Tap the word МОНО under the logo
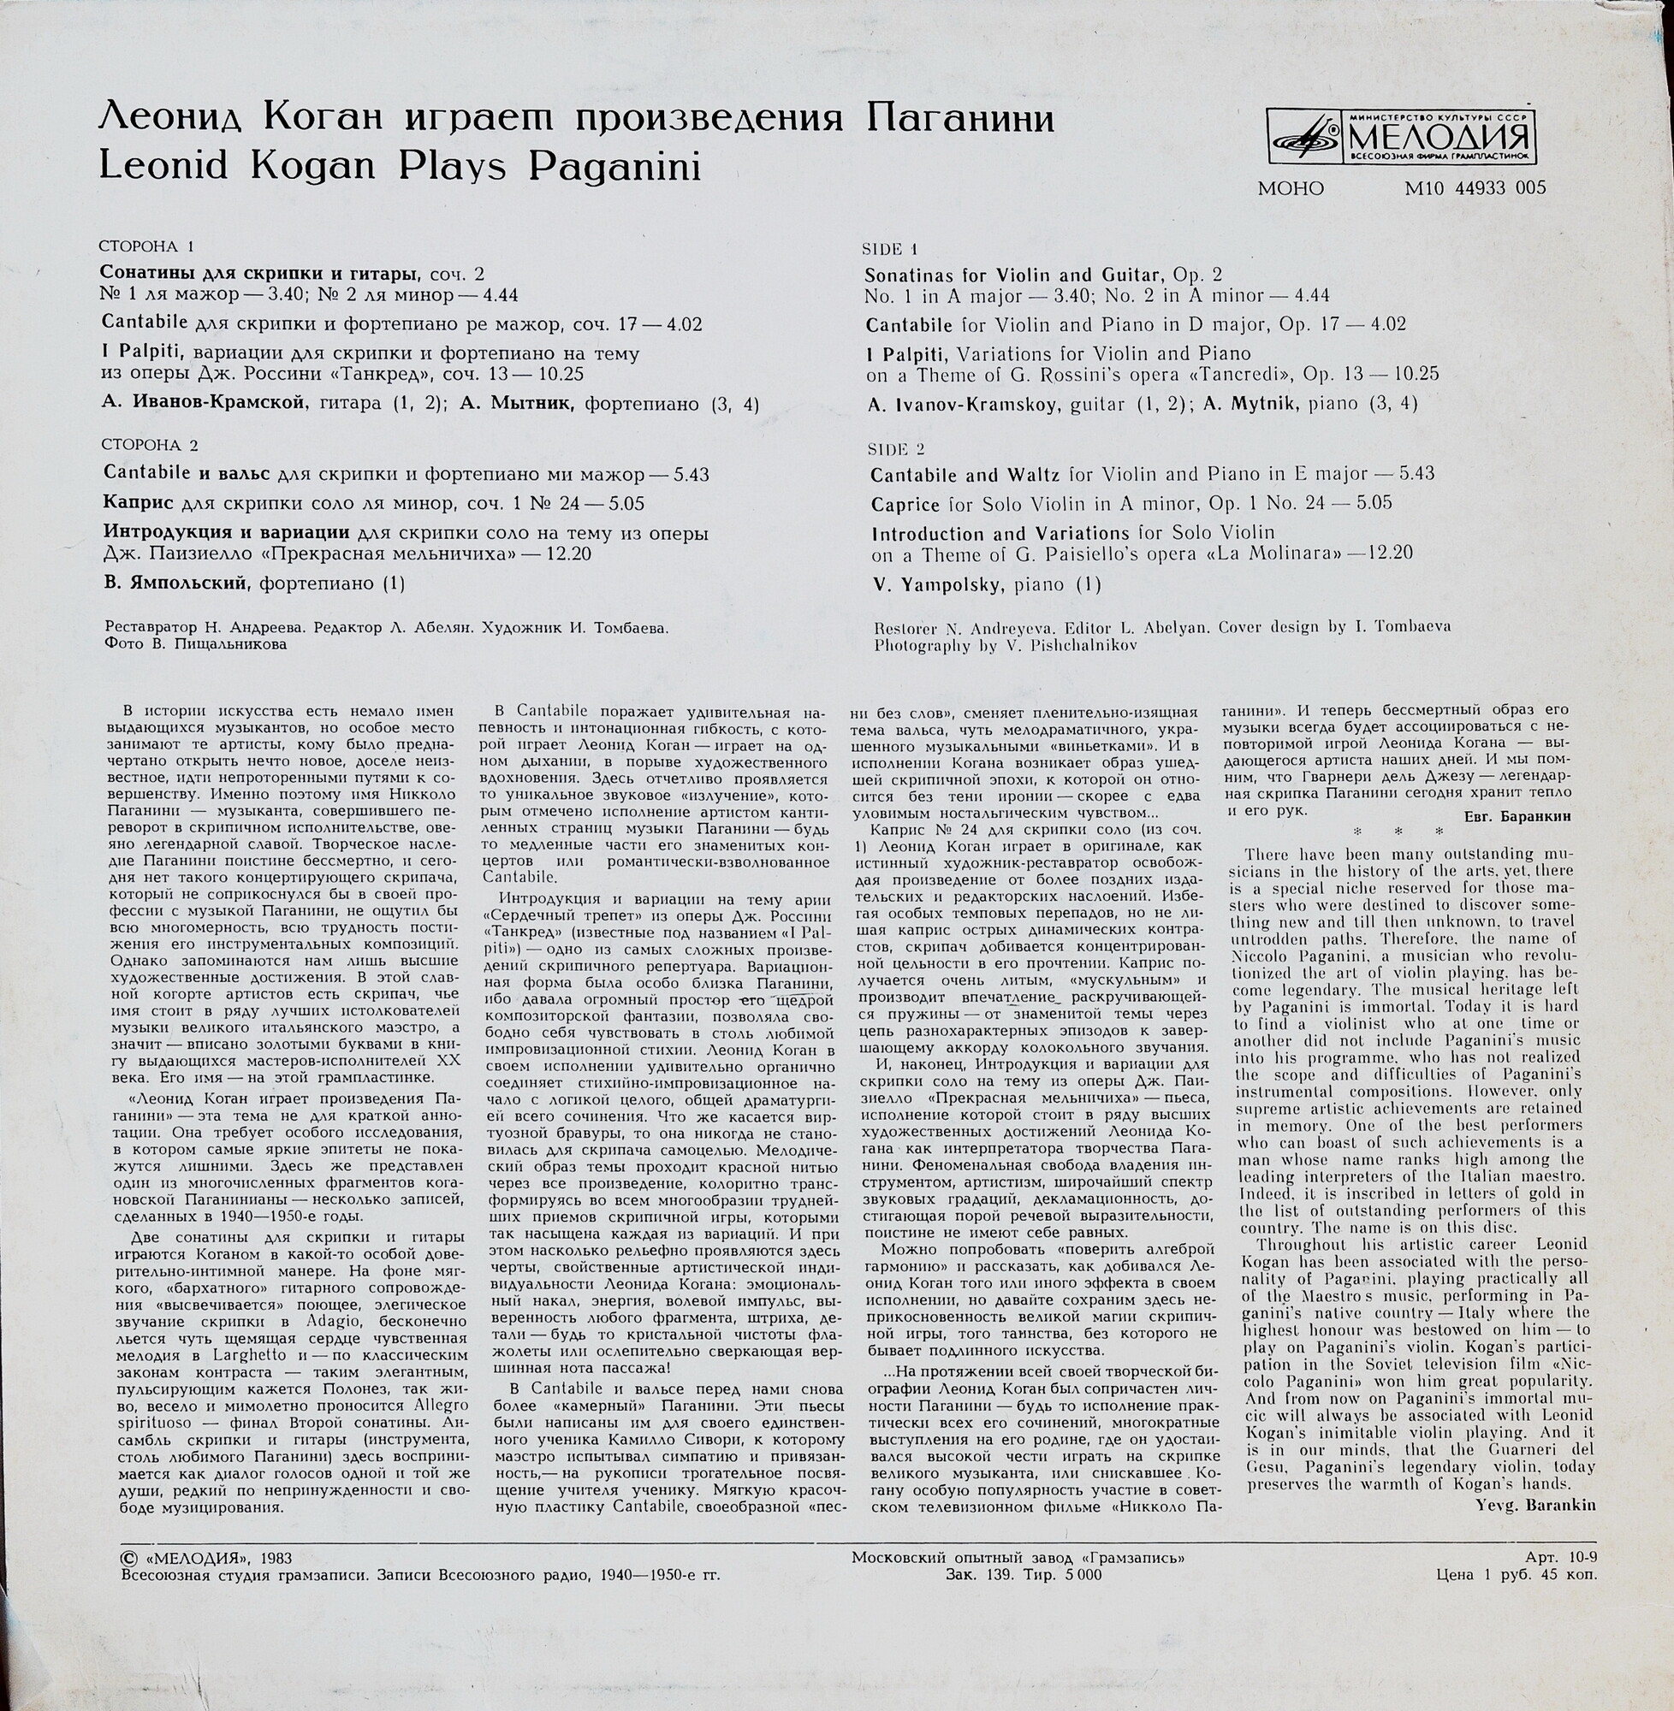pos(1291,188)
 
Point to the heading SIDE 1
pos(891,250)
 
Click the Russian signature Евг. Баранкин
pos(1518,815)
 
